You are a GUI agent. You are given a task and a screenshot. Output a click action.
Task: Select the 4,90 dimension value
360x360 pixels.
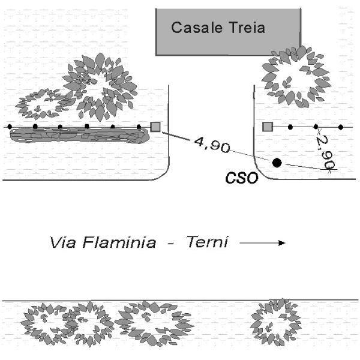pyautogui.click(x=209, y=145)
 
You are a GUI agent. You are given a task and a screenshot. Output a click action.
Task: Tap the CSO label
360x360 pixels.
pyautogui.click(x=241, y=178)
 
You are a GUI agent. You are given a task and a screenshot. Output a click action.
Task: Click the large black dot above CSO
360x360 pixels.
pyautogui.click(x=277, y=163)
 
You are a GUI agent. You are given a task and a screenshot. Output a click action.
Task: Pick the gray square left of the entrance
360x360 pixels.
pyautogui.click(x=155, y=127)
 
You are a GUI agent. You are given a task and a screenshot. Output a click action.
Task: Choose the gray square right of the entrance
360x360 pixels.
pyautogui.click(x=268, y=127)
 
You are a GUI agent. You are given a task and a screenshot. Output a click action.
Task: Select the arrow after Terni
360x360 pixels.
pyautogui.click(x=262, y=244)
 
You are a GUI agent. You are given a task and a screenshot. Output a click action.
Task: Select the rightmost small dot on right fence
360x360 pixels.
pyautogui.click(x=341, y=127)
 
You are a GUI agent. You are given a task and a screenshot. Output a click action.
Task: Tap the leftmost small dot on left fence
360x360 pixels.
pyautogui.click(x=10, y=127)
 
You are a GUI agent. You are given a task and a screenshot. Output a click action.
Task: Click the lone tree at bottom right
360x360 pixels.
pyautogui.click(x=275, y=321)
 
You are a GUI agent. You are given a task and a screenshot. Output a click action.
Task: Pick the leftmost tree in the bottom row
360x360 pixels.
pyautogui.click(x=44, y=324)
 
